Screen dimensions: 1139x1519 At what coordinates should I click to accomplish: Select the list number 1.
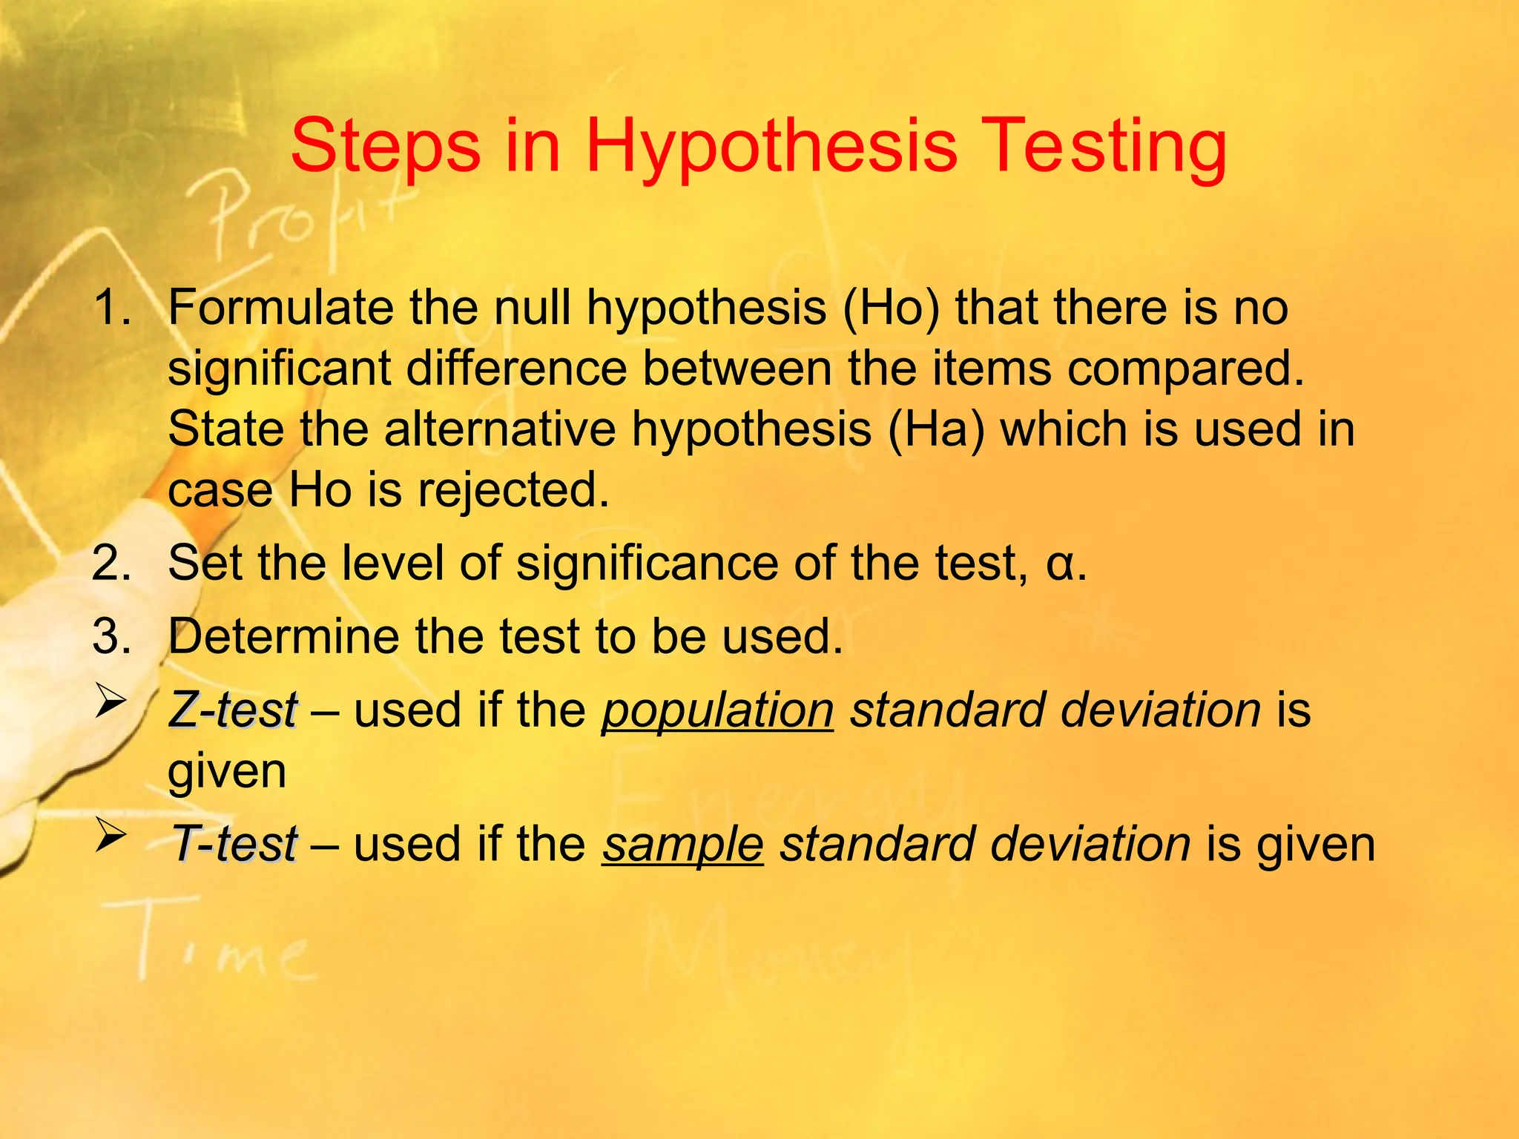click(x=111, y=307)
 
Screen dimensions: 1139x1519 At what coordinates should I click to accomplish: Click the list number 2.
click(x=111, y=563)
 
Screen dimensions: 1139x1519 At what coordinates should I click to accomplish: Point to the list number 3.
click(x=111, y=636)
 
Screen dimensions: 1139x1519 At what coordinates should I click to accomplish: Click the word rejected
click(x=513, y=491)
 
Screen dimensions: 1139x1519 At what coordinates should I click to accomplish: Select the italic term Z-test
click(x=233, y=710)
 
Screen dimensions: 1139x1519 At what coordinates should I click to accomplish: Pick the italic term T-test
click(x=234, y=844)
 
